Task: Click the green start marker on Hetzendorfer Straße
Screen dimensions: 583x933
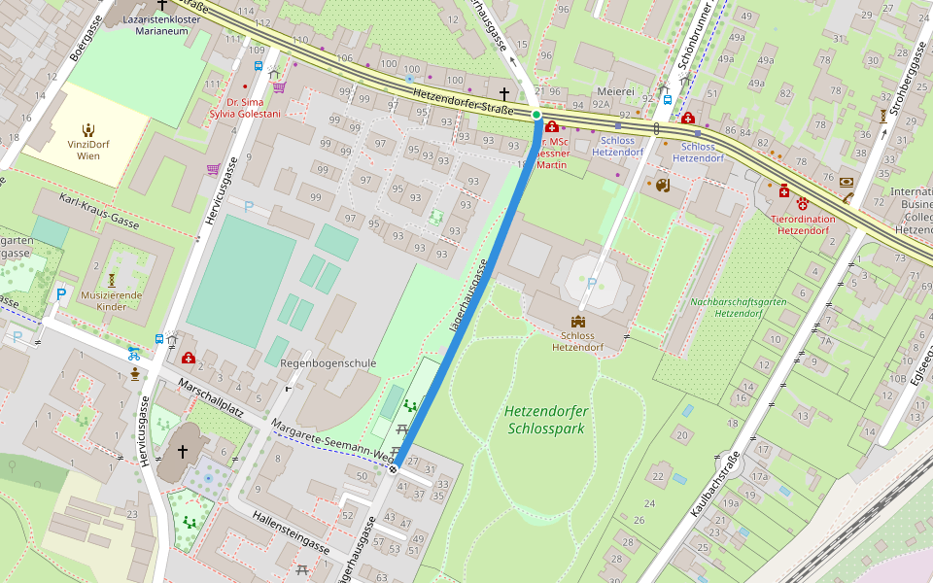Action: pos(536,115)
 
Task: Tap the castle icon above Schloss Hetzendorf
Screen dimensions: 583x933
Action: pos(579,322)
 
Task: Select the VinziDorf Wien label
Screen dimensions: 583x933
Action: pos(88,149)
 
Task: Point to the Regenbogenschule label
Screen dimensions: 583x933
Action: pos(328,363)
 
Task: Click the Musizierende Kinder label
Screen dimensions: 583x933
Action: pos(112,301)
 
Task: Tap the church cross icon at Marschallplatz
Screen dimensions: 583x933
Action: pos(182,452)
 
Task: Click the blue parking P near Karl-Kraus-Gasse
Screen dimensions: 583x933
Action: pos(62,293)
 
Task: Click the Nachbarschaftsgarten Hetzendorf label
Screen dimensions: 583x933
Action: pos(738,307)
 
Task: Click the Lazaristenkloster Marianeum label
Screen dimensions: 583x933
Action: pos(161,24)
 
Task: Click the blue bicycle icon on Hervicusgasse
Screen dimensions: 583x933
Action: pos(134,354)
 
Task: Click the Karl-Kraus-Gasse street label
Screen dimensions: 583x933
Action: pos(99,212)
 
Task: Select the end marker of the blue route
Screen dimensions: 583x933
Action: pos(394,469)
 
